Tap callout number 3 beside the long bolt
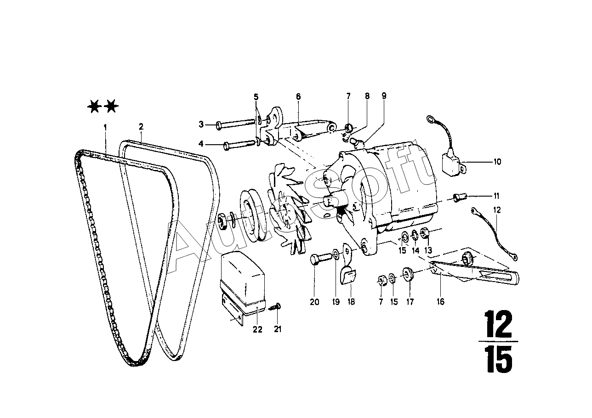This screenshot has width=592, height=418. (x=201, y=124)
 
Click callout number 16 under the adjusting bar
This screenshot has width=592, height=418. (x=441, y=302)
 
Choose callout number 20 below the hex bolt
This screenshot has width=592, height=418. (x=314, y=302)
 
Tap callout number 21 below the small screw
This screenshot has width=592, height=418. (x=278, y=329)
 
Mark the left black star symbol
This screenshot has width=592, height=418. (x=94, y=107)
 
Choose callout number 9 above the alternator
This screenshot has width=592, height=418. (x=384, y=96)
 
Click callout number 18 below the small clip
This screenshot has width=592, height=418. (x=351, y=302)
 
